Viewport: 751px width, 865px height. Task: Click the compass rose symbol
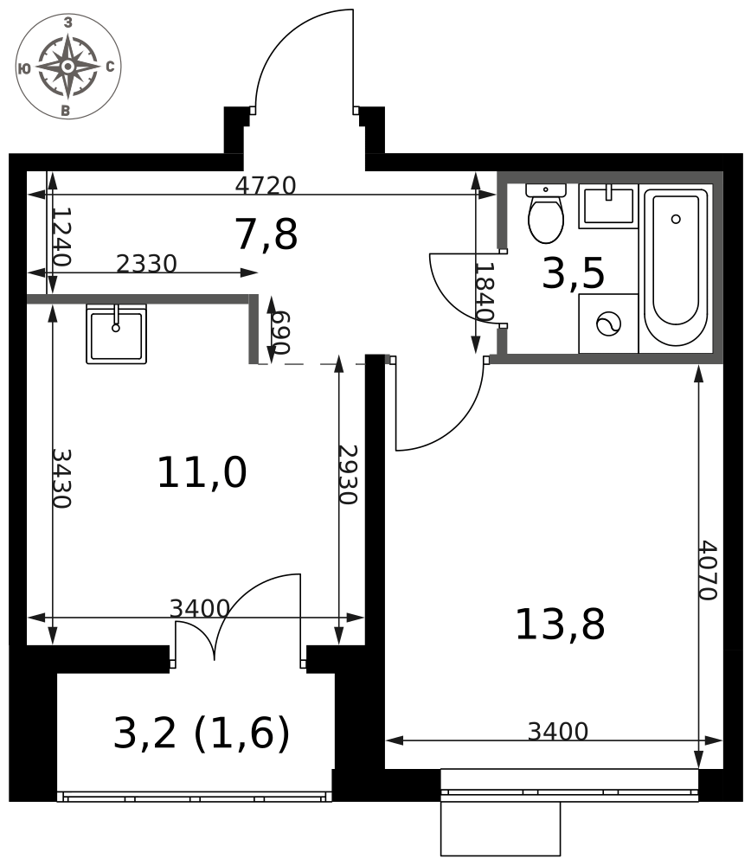click(67, 67)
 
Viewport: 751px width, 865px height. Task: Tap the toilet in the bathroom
click(546, 214)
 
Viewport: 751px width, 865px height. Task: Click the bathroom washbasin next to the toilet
click(608, 207)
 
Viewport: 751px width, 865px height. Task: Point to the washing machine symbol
click(608, 324)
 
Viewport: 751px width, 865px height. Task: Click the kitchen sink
click(117, 334)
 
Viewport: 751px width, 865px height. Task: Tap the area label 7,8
click(266, 234)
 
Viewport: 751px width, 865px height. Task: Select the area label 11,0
click(202, 472)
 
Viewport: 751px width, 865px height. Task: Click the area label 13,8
click(560, 624)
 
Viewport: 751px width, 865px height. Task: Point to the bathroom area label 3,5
click(574, 273)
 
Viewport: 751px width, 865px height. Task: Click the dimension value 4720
click(266, 185)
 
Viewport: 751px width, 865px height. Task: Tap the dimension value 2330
click(146, 264)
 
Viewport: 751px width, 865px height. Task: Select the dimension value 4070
click(708, 570)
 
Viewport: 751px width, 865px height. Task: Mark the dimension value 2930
click(348, 474)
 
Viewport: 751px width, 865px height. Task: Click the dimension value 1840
click(484, 292)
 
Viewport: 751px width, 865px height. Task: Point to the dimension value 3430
click(61, 478)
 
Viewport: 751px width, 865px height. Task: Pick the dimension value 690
click(280, 333)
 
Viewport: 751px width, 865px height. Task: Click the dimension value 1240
click(61, 236)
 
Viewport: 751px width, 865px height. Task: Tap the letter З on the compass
click(67, 22)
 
